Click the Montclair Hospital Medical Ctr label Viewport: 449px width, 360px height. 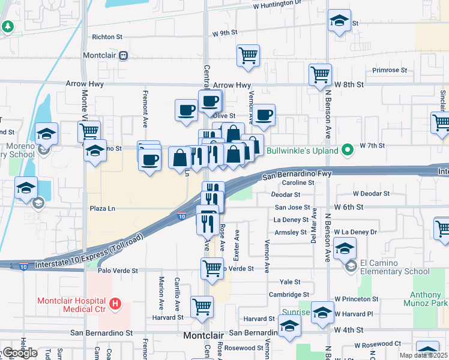71,304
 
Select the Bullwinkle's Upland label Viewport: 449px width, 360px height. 303,151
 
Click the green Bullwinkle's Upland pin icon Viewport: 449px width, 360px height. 347,150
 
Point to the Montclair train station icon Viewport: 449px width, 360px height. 122,55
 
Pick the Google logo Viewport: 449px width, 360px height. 20,353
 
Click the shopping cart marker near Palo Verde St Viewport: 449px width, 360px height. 211,268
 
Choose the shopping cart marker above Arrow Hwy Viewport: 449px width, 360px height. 248,56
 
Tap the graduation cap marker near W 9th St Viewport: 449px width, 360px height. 339,20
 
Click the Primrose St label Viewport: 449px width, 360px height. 390,70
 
